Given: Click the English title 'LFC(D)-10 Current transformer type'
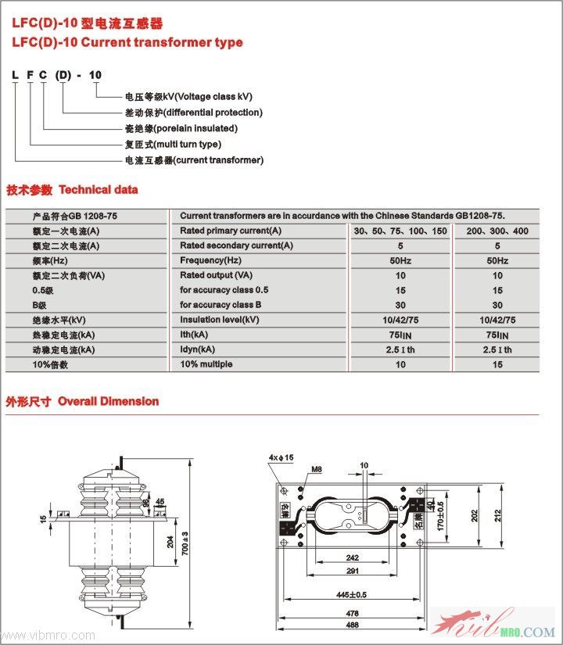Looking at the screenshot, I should pos(127,42).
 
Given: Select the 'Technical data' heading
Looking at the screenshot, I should pos(98,189).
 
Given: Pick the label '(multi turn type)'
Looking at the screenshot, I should pos(187,144).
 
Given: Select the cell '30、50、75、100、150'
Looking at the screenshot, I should pos(400,231).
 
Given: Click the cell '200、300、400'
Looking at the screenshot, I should pos(497,231).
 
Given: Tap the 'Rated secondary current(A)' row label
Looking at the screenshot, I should pos(236,245).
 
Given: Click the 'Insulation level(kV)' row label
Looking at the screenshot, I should pos(219,320).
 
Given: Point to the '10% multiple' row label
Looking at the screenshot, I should pos(206,364).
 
